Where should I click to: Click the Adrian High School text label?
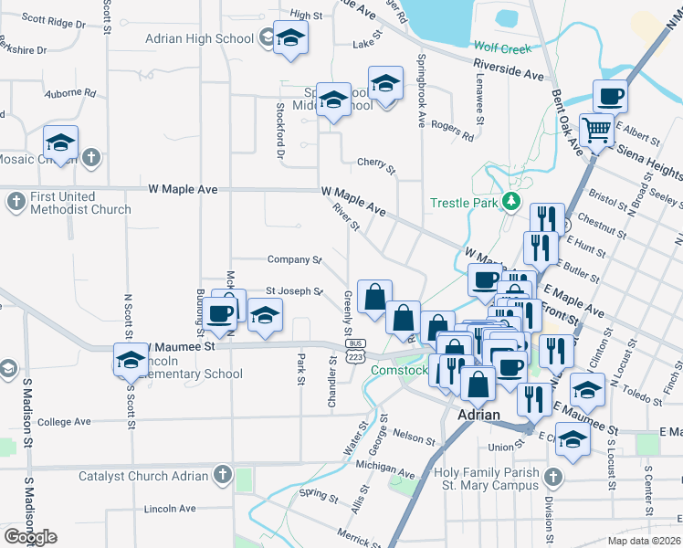pyautogui.click(x=199, y=39)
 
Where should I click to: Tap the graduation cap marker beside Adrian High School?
pyautogui.click(x=290, y=38)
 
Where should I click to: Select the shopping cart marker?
pyautogui.click(x=596, y=131)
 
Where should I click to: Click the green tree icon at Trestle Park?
pyautogui.click(x=512, y=202)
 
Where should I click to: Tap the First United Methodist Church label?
pyautogui.click(x=80, y=202)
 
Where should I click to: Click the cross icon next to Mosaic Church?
pyautogui.click(x=90, y=158)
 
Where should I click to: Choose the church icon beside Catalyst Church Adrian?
pyautogui.click(x=222, y=475)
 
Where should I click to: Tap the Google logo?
pyautogui.click(x=30, y=537)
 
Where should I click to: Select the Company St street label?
pyautogui.click(x=294, y=260)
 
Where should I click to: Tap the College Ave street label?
pyautogui.click(x=64, y=421)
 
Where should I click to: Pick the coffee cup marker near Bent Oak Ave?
pyautogui.click(x=610, y=96)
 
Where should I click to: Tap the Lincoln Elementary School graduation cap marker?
pyautogui.click(x=131, y=360)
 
